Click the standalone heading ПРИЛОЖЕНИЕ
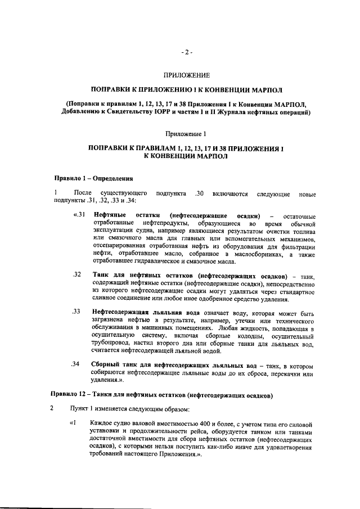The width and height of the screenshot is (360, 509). point(186,75)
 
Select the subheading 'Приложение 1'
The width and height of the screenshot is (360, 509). point(186,133)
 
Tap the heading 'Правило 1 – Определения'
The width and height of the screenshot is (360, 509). point(93,179)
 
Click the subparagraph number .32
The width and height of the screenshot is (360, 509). point(78,274)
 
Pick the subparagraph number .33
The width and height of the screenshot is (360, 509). point(78,311)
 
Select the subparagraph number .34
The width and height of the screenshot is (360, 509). point(78,363)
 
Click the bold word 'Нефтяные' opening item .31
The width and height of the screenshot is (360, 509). point(109,216)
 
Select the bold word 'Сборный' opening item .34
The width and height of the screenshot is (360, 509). point(106,363)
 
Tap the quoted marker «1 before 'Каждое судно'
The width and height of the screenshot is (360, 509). point(71,422)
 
